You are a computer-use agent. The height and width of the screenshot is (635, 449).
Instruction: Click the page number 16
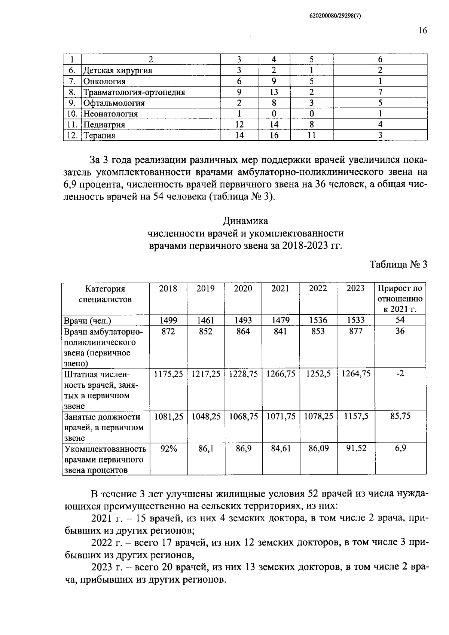(422, 31)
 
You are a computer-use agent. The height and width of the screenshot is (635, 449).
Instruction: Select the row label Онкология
(104, 82)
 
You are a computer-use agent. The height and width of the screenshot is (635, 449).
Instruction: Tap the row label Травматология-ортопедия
(134, 92)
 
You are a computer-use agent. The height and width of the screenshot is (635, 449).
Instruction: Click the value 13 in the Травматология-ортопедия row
(274, 92)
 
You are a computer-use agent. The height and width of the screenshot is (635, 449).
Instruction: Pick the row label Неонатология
(110, 114)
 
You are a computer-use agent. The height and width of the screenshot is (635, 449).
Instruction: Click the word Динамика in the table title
(245, 221)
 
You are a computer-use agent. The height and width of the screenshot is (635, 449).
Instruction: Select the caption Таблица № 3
(398, 265)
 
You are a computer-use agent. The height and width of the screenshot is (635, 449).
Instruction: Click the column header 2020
(243, 289)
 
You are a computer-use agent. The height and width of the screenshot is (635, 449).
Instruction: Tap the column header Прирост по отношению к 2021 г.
(400, 299)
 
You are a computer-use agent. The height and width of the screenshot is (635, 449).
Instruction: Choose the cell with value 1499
(168, 320)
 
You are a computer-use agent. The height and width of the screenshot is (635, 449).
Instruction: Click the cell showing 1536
(318, 320)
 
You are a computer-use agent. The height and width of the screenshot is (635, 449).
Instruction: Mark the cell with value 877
(355, 331)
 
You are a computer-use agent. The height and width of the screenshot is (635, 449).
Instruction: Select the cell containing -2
(400, 374)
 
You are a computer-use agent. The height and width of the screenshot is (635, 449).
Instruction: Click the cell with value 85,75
(400, 416)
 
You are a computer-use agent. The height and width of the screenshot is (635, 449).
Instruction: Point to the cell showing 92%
(168, 448)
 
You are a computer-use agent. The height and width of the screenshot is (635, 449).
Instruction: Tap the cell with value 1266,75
(281, 374)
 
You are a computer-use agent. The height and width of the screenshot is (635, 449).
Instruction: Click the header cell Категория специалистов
(105, 294)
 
